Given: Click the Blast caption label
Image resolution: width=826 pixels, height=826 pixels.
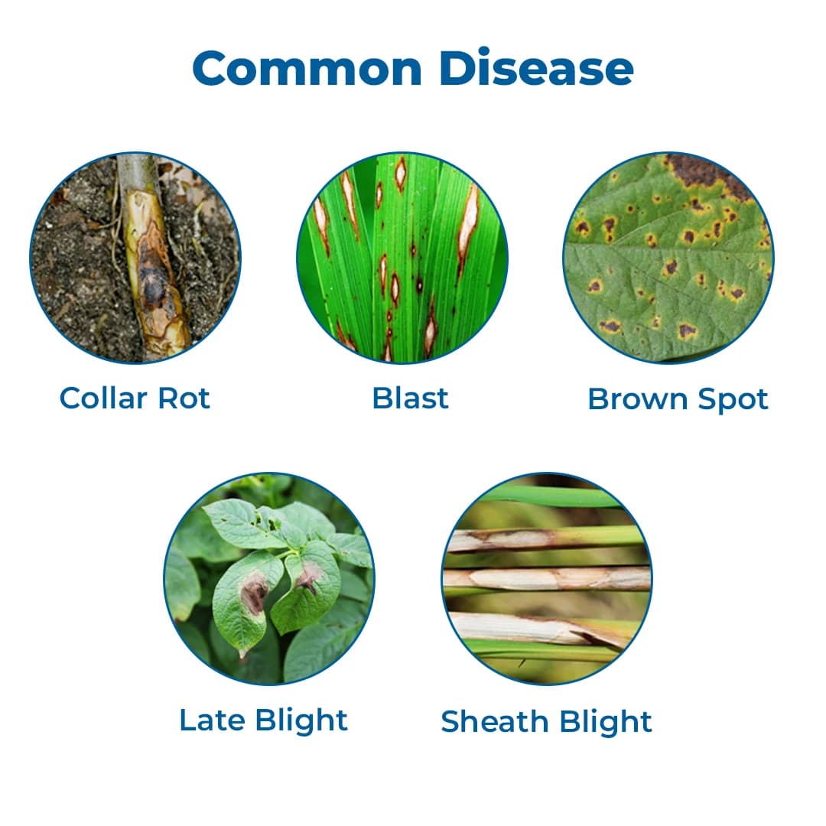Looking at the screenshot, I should click(x=410, y=398).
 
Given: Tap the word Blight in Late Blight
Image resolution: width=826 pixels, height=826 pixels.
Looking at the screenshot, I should click(x=301, y=720).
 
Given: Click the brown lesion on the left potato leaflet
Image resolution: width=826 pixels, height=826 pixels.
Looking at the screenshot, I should click(x=253, y=593).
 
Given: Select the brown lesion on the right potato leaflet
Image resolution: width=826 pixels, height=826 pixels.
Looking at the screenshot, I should click(x=309, y=575).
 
